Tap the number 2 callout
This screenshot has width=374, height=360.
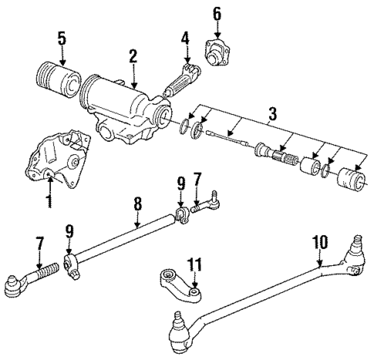point(133,56)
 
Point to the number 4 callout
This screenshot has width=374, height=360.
point(185,37)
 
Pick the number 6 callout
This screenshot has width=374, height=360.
point(217,13)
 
